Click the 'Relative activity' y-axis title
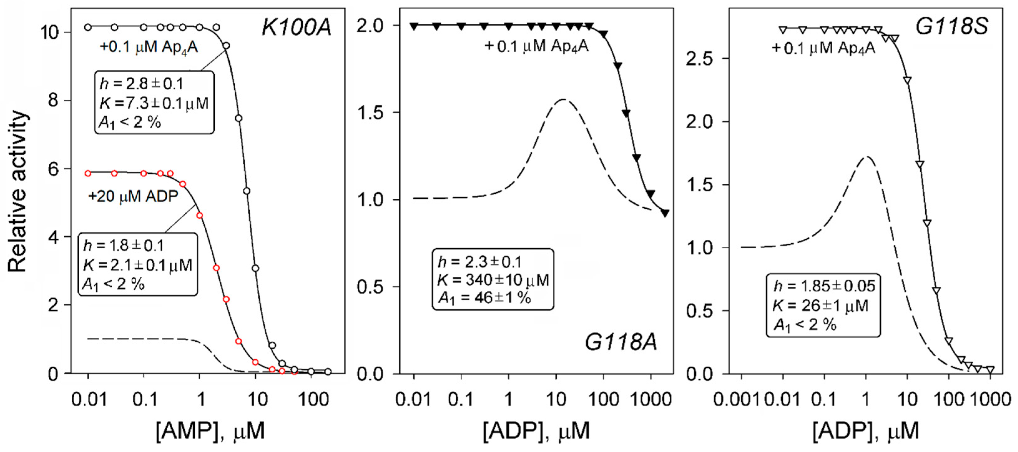pos(18,192)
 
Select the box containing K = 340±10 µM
pos(493,280)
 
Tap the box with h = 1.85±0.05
pos(824,305)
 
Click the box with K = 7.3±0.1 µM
pos(154,103)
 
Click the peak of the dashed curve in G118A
pos(562,99)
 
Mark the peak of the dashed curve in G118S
pos(866,157)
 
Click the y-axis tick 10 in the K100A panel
pos(50,32)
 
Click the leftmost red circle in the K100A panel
pos(88,173)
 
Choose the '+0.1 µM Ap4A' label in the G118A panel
pos(536,47)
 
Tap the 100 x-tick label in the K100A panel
pos(313,400)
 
